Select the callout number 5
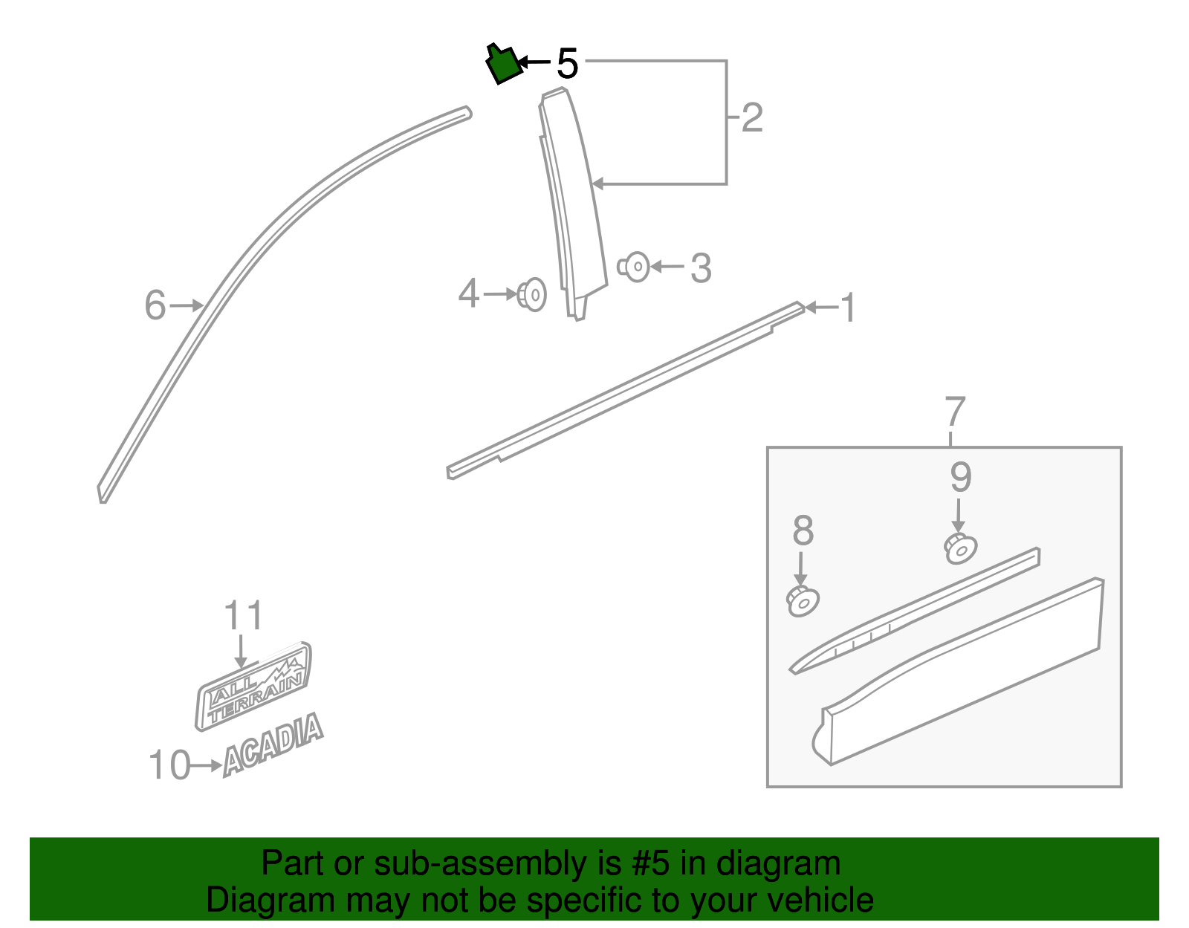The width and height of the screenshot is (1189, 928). click(x=567, y=64)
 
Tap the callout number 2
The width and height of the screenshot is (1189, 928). click(x=752, y=118)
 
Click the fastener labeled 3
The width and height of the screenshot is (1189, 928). click(x=635, y=267)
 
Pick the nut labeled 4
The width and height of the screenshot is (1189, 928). click(x=532, y=295)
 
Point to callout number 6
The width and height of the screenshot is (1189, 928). click(x=155, y=305)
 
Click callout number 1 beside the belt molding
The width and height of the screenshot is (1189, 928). click(x=847, y=308)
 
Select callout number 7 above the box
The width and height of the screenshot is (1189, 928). click(x=955, y=412)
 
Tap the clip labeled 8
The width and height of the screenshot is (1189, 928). click(x=803, y=600)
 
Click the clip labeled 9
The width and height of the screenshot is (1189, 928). click(x=961, y=549)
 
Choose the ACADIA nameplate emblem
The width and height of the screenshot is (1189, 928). click(x=273, y=744)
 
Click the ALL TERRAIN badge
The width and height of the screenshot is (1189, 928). click(x=254, y=685)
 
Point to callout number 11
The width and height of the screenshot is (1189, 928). click(x=243, y=617)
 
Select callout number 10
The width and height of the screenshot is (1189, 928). click(x=169, y=765)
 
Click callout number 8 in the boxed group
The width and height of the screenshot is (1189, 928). click(x=803, y=531)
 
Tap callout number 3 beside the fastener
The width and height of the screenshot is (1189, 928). click(x=701, y=268)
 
